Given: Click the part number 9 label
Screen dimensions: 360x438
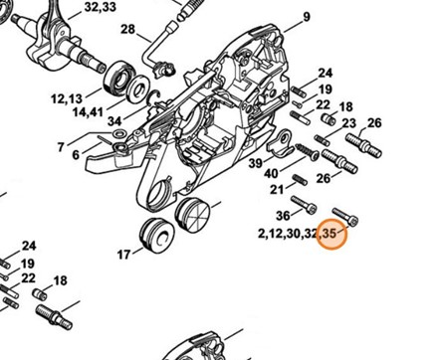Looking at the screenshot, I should click(x=279, y=18).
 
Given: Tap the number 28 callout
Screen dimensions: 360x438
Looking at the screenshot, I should click(x=127, y=30).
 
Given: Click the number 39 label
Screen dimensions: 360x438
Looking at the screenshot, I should click(x=256, y=162).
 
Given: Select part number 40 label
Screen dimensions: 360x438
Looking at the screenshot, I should click(x=271, y=175).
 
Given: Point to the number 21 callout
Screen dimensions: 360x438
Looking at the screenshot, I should click(x=278, y=189).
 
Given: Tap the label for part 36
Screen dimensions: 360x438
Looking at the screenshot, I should click(x=283, y=215).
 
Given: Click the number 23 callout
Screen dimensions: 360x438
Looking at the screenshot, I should click(x=321, y=123).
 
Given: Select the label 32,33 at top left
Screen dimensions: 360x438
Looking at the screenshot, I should click(x=101, y=7).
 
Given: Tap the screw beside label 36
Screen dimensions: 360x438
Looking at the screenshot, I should click(x=309, y=208).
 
